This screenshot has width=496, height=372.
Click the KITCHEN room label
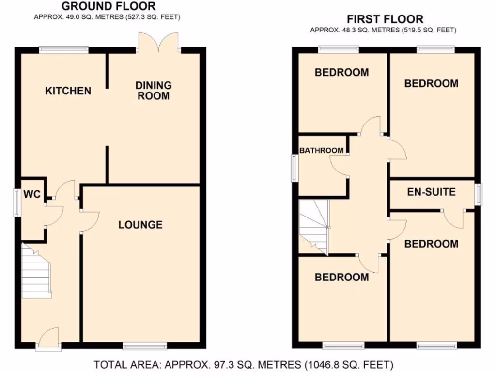click(x=68, y=91)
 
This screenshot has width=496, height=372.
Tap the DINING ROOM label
click(x=153, y=91)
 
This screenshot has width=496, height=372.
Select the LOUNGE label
click(x=140, y=225)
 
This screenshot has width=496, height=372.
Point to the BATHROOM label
click(x=321, y=151)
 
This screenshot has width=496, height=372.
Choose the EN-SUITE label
click(x=431, y=192)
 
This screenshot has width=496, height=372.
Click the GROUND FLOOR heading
click(x=109, y=6)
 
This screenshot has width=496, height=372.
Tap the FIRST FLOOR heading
click(x=385, y=19)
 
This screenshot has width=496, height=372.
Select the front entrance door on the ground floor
click(x=48, y=337)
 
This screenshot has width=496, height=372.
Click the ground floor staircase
click(x=36, y=271)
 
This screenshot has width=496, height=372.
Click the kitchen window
click(x=64, y=49)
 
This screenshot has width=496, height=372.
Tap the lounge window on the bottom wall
click(x=144, y=346)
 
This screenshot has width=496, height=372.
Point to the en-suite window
click(x=478, y=194)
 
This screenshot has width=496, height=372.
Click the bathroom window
click(x=294, y=168)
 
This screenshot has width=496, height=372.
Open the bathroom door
click(x=339, y=166)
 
